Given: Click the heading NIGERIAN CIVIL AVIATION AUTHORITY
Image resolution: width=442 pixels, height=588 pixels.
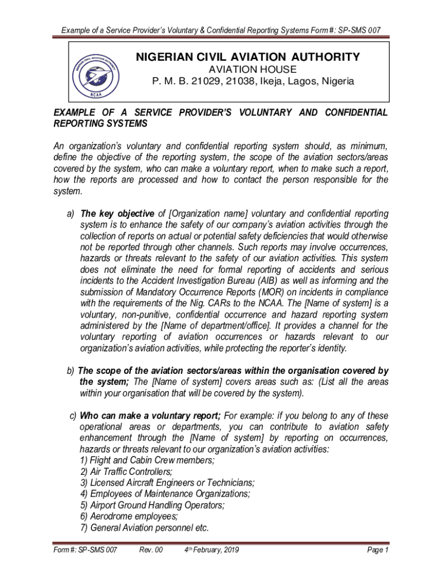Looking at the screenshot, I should [247, 57].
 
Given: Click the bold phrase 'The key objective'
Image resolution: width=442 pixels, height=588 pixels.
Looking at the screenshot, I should [118, 214].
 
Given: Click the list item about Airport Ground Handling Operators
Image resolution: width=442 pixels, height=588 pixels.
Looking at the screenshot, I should [152, 505].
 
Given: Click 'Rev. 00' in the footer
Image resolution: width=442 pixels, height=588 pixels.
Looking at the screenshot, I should [151, 551].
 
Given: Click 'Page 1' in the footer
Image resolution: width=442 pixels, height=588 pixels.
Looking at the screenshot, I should [378, 551].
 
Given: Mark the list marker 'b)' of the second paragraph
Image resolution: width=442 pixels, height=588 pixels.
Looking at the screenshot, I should [71, 370].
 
